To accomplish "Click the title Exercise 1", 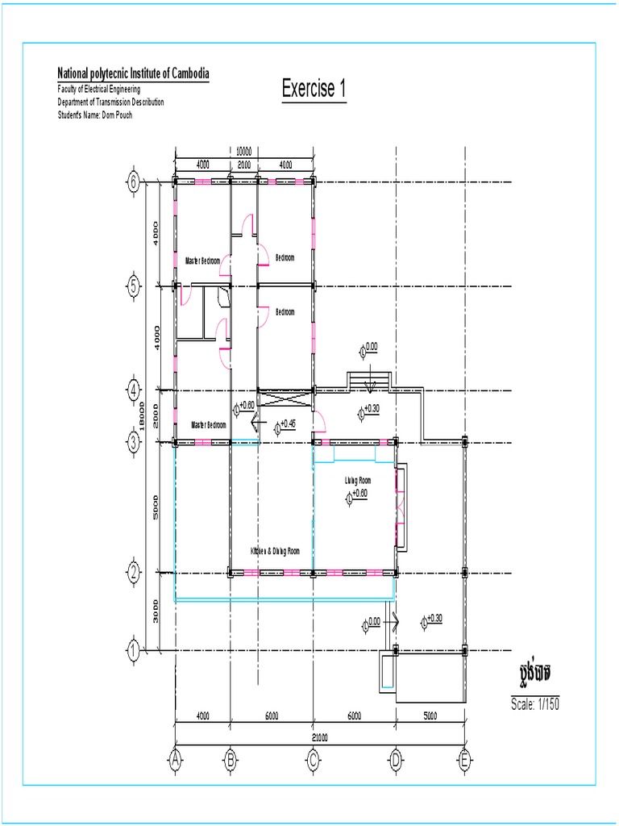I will pyautogui.click(x=314, y=89).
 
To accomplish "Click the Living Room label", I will pyautogui.click(x=358, y=481).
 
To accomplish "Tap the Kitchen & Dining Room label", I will pyautogui.click(x=275, y=551).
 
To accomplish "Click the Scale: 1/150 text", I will pyautogui.click(x=534, y=703).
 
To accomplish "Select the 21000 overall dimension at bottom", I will pyautogui.click(x=321, y=736).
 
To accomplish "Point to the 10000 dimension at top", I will pyautogui.click(x=243, y=151).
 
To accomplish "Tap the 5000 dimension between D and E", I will pyautogui.click(x=430, y=715).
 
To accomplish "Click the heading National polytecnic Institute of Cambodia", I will pyautogui.click(x=134, y=74).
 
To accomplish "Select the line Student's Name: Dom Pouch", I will pyautogui.click(x=94, y=115).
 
